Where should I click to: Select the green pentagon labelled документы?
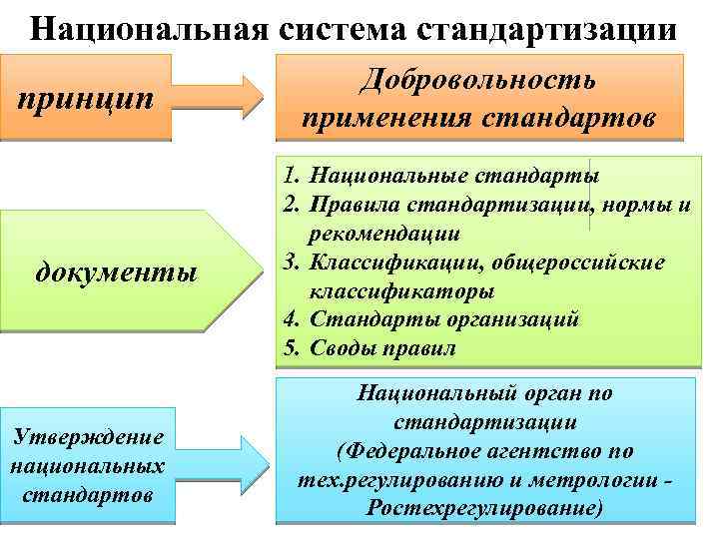[125, 270]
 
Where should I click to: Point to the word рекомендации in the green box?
[384, 235]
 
